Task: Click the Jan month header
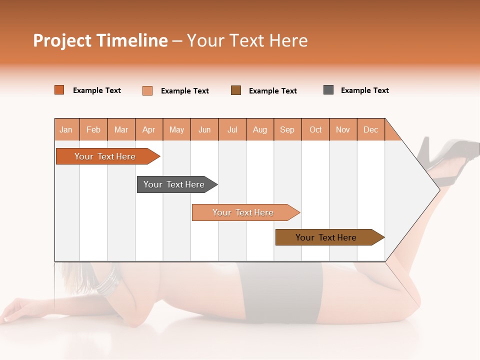[x=66, y=129]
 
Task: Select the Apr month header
[x=148, y=129]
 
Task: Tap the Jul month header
[x=232, y=129]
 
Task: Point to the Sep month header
[x=287, y=129]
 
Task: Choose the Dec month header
[x=370, y=129]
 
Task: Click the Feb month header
[x=93, y=129]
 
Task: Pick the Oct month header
[x=315, y=129]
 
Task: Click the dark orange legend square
[x=59, y=90]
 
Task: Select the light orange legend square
[x=147, y=90]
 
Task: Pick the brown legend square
[x=236, y=90]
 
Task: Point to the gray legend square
[x=328, y=90]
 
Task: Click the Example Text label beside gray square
[x=364, y=90]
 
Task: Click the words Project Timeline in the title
[x=100, y=40]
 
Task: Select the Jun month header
[x=204, y=129]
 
